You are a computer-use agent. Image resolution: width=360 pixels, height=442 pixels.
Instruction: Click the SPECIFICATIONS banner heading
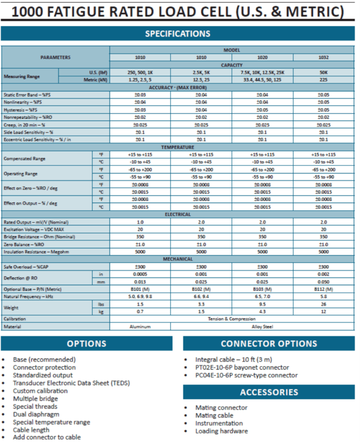pyautogui.click(x=177, y=34)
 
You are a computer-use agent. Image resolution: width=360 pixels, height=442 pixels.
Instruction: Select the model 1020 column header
pyautogui.click(x=262, y=57)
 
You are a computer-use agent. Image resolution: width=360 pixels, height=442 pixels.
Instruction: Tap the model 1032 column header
pyautogui.click(x=324, y=57)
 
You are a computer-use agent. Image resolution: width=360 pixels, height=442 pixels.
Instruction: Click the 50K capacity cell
pyautogui.click(x=324, y=73)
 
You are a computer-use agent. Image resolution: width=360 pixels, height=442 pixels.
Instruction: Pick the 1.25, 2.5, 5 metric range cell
pyautogui.click(x=140, y=80)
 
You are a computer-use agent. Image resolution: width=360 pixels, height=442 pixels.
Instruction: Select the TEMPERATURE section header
pyautogui.click(x=177, y=147)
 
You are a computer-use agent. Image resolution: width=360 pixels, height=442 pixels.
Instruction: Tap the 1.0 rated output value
pyautogui.click(x=140, y=222)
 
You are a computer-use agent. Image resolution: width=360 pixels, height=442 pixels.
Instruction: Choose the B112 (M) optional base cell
pyautogui.click(x=324, y=289)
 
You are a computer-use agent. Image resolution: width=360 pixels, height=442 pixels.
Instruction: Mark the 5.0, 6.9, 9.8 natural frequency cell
pyautogui.click(x=140, y=297)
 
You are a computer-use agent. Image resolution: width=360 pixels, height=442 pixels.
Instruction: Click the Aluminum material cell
pyautogui.click(x=140, y=327)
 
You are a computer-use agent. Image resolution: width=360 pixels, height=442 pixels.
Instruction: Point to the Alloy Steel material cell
pyautogui.click(x=262, y=327)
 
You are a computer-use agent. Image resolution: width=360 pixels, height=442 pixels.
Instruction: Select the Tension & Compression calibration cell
pyautogui.click(x=231, y=319)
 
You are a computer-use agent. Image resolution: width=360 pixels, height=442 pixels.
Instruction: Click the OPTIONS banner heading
pyautogui.click(x=86, y=344)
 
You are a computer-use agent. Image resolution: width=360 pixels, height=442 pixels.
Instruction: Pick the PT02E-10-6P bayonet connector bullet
pyautogui.click(x=242, y=367)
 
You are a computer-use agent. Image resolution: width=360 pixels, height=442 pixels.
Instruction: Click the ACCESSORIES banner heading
pyautogui.click(x=269, y=392)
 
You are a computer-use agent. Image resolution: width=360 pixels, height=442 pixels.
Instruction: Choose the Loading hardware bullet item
pyautogui.click(x=221, y=431)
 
